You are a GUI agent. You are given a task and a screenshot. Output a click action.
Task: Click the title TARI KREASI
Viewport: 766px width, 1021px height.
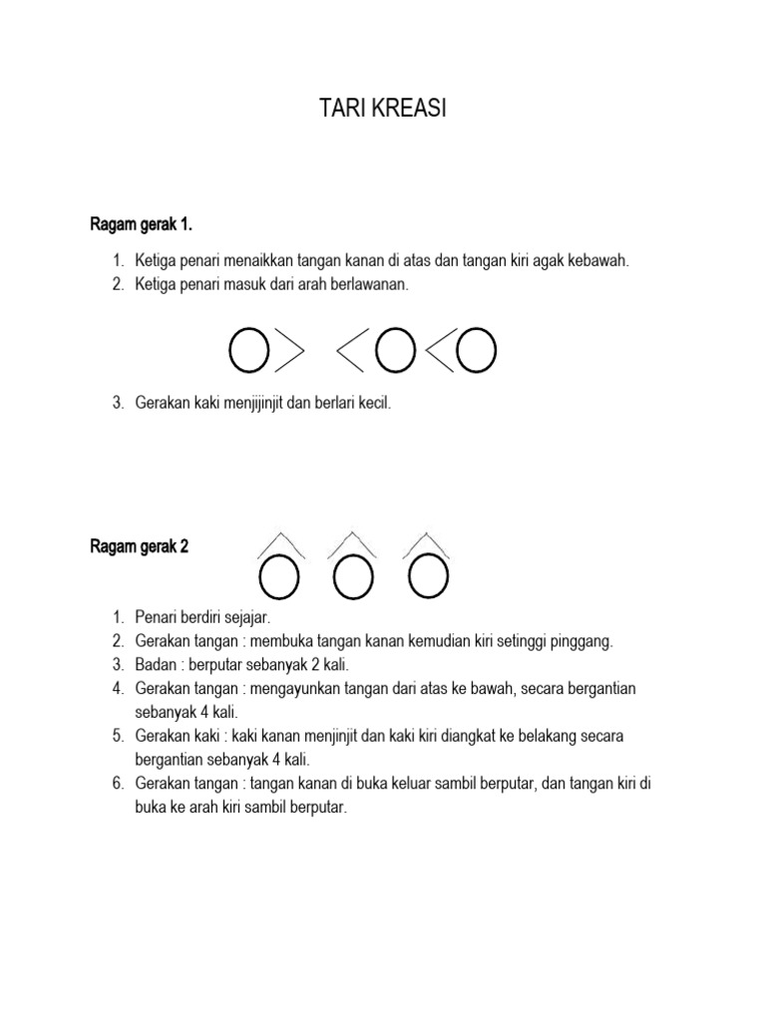382,110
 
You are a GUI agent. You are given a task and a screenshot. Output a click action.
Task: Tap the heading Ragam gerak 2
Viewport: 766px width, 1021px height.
139,546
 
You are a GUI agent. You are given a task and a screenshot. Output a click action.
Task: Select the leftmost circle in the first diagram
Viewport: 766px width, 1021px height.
249,349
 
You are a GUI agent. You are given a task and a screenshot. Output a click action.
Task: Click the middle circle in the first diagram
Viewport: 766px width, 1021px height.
396,349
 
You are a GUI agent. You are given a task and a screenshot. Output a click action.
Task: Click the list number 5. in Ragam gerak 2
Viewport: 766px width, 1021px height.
118,736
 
